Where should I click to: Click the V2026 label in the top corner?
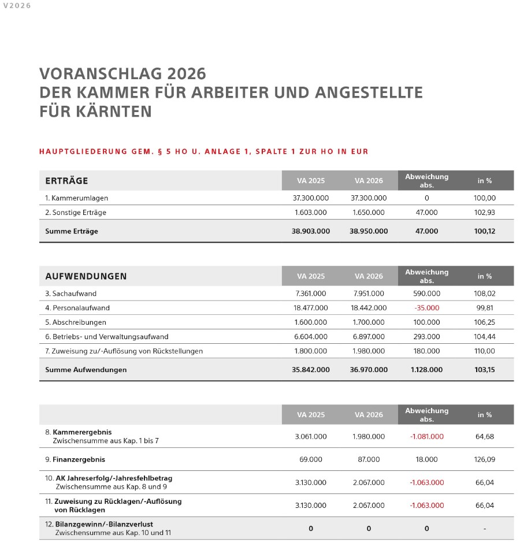tap(17, 6)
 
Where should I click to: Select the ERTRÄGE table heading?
tap(66, 181)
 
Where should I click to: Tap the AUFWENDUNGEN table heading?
tap(86, 276)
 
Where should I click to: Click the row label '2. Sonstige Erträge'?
tap(76, 213)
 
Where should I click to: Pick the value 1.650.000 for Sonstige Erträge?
tap(368, 213)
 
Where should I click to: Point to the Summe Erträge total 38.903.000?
tap(311, 231)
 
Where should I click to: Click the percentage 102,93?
tap(484, 213)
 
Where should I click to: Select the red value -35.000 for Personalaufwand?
tap(426, 308)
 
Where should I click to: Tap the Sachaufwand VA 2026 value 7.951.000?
tap(368, 294)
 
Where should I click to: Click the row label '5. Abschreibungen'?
tap(76, 322)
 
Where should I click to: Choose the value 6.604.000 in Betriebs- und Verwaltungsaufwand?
tap(311, 337)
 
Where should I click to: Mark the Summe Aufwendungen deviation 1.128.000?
tap(426, 370)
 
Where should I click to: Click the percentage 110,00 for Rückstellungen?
tap(484, 351)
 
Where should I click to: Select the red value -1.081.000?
tap(426, 437)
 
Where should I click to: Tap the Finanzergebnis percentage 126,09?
tap(484, 460)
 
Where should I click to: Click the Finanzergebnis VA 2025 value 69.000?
tap(311, 460)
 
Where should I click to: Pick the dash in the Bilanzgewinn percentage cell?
tap(484, 529)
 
